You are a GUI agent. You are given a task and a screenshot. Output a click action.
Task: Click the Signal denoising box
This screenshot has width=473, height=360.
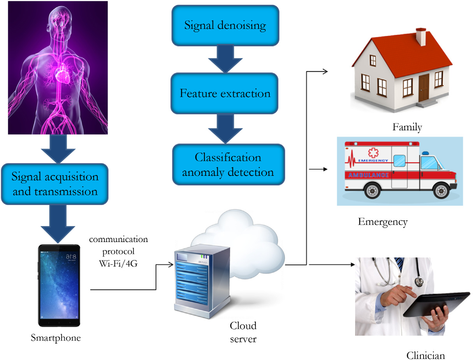point(225,25)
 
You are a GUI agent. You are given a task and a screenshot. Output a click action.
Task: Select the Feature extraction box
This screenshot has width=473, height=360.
point(225,93)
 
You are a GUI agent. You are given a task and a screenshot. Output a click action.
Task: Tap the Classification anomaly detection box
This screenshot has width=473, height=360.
point(228,164)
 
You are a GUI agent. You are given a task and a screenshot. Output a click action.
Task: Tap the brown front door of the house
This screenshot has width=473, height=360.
point(424,88)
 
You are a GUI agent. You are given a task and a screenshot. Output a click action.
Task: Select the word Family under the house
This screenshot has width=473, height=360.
point(407,127)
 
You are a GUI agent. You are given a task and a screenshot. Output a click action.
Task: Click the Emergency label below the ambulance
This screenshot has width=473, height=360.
point(383,222)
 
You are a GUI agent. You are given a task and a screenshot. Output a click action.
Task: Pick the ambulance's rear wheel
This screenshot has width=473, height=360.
point(373,191)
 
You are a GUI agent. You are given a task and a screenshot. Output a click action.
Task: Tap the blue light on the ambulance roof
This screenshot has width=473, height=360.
point(425,153)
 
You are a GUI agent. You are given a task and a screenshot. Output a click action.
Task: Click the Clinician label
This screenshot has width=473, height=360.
point(425,355)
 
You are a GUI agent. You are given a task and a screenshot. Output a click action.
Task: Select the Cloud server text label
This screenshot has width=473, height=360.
point(243,332)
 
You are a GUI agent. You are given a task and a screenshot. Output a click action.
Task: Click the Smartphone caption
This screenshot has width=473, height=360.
point(56,337)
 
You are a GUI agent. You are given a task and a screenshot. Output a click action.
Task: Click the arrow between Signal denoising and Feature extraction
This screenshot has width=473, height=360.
point(225,59)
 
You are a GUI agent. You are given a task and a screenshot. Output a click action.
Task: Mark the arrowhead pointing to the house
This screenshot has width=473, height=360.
point(326,71)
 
